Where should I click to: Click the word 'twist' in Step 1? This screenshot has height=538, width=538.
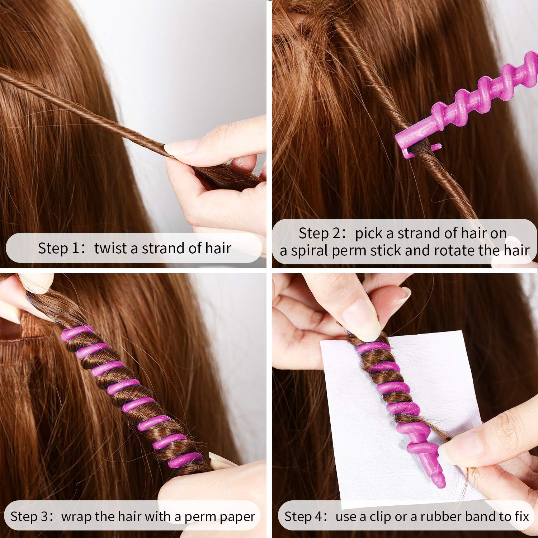109,248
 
